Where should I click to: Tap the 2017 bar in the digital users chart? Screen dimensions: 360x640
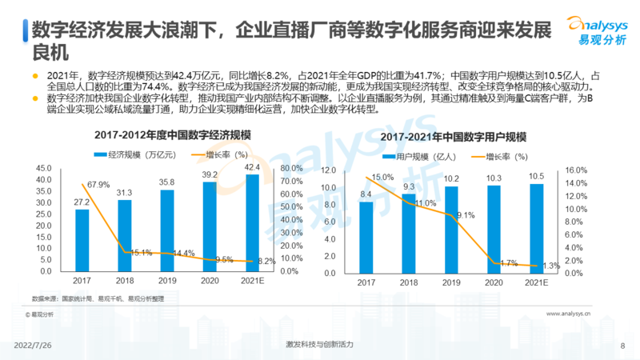[366, 237]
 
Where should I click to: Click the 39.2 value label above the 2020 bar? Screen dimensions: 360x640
[210, 174]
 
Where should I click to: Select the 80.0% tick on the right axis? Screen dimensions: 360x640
[290, 168]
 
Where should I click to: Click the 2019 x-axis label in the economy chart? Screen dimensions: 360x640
[166, 282]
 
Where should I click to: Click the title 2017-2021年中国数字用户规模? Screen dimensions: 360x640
[453, 137]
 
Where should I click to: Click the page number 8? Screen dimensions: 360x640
[622, 345]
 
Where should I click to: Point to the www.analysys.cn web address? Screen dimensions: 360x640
[580, 315]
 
